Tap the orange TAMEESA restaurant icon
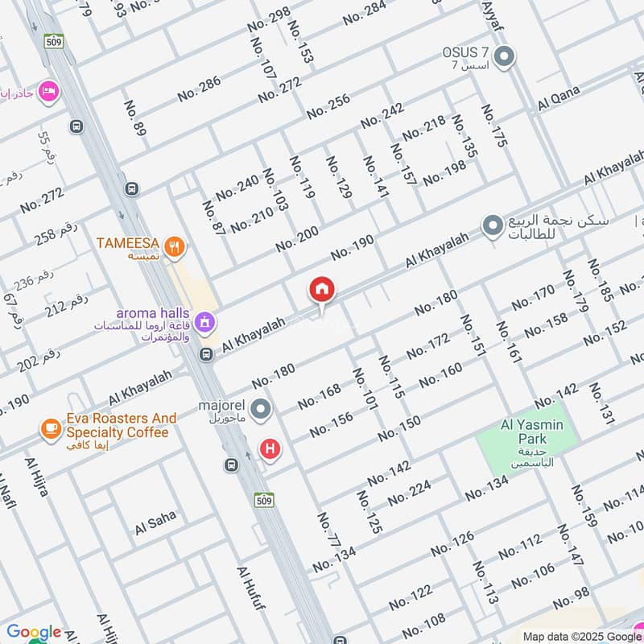pyautogui.click(x=171, y=245)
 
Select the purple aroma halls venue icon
pyautogui.click(x=205, y=322)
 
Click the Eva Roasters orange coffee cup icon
pyautogui.click(x=51, y=427)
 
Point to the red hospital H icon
pyautogui.click(x=269, y=448)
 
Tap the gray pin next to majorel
pyautogui.click(x=260, y=410)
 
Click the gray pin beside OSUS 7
pyautogui.click(x=504, y=57)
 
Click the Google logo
pyautogui.click(x=34, y=632)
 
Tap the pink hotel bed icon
pyautogui.click(x=48, y=89)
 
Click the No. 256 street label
pyautogui.click(x=328, y=101)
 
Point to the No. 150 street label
pyautogui.click(x=398, y=428)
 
